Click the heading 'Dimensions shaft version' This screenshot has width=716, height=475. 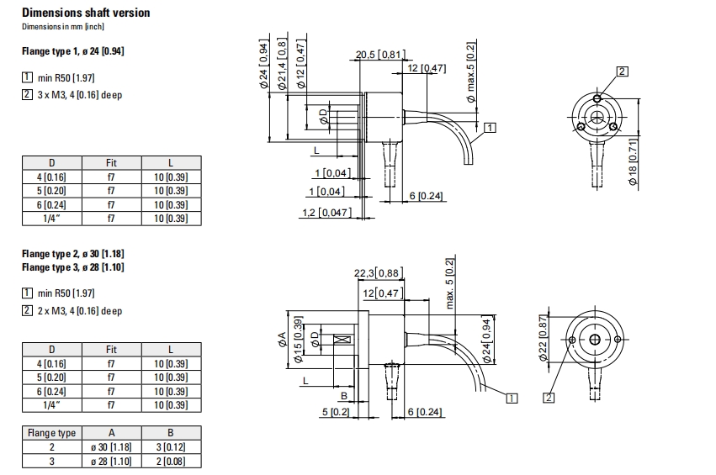click(86, 13)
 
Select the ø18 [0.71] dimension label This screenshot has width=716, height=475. click(633, 162)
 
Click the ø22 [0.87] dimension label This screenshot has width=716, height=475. click(543, 338)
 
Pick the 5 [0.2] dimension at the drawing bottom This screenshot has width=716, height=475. click(336, 412)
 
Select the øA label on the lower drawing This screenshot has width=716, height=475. click(282, 340)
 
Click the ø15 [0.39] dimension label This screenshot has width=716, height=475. click(298, 340)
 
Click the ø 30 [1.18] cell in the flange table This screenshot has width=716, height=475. click(111, 447)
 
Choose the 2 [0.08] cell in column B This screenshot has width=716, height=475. click(171, 462)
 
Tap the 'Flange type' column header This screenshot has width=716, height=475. click(51, 433)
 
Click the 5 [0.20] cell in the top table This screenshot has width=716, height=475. click(51, 191)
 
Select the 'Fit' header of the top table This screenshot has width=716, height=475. click(111, 163)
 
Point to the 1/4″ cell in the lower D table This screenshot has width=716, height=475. click(51, 405)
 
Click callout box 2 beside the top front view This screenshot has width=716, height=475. click(622, 71)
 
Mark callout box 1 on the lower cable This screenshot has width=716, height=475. click(512, 398)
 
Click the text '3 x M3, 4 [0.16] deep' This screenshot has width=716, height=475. click(80, 95)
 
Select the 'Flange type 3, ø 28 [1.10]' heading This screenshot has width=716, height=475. click(73, 267)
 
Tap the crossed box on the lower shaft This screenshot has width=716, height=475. click(342, 340)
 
